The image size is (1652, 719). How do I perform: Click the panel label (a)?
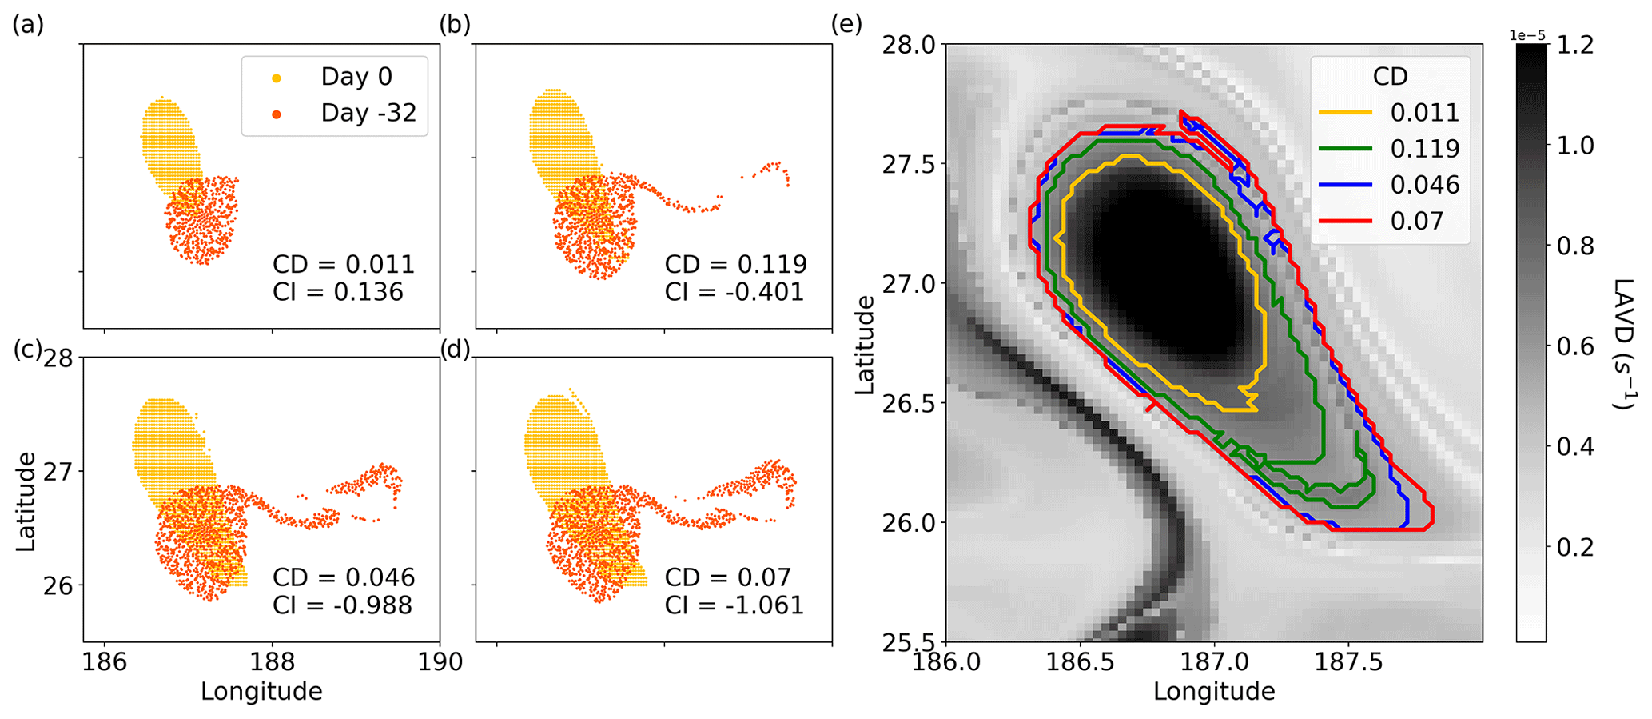(28, 26)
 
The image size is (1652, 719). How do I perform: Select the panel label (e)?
(846, 25)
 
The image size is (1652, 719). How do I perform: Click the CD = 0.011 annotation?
(344, 265)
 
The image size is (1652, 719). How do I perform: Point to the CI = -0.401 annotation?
(734, 292)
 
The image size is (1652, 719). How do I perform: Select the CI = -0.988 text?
(342, 605)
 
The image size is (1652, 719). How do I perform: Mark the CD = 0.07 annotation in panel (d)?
(727, 577)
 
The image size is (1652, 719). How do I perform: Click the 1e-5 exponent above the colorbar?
(1527, 35)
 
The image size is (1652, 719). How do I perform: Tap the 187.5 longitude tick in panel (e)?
(1349, 663)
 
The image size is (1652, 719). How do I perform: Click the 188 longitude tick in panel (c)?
(273, 662)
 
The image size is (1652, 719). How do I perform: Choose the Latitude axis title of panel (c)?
(26, 501)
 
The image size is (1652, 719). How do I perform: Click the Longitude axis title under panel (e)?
(1213, 691)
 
